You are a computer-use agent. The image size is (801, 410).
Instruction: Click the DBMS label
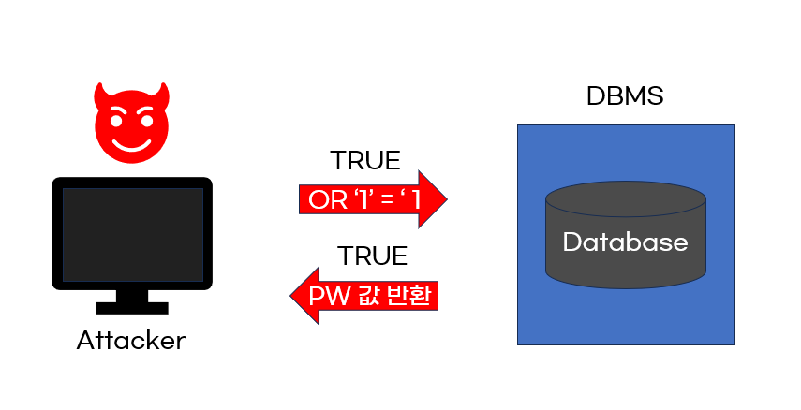point(624,96)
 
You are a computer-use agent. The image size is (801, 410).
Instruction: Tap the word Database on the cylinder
point(625,242)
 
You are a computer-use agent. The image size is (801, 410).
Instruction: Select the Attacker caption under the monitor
point(131,341)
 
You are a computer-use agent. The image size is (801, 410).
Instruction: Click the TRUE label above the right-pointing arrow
point(365,161)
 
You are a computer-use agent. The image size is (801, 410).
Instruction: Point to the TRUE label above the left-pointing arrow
point(372,256)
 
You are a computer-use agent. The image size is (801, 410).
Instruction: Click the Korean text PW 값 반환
point(370,297)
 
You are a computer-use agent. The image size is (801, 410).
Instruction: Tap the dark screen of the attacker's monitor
point(132,234)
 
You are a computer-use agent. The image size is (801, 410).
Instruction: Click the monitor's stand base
point(132,307)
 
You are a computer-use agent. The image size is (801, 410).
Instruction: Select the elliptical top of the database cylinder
point(625,198)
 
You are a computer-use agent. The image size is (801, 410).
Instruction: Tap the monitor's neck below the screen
point(132,296)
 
